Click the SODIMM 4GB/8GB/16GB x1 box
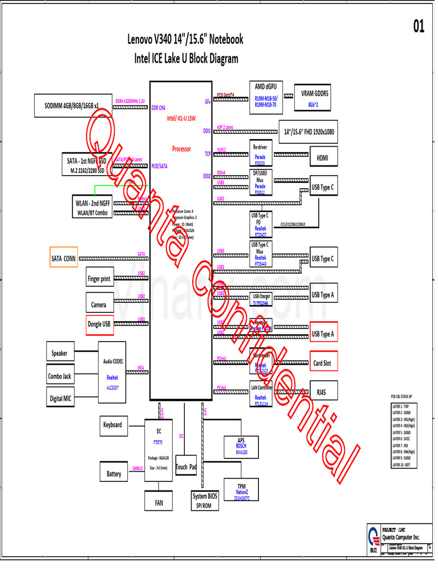(x=72, y=106)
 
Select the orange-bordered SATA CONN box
(x=64, y=258)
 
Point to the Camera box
(x=100, y=304)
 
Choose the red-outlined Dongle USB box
(x=100, y=325)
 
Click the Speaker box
(x=60, y=353)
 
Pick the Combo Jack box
(x=60, y=376)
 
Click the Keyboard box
(x=112, y=425)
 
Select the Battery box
(x=113, y=473)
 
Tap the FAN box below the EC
(x=159, y=502)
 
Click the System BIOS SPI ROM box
(x=205, y=501)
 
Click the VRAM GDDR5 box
(x=315, y=98)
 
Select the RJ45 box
(x=323, y=392)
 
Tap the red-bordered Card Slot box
(x=323, y=363)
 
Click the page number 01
(x=418, y=27)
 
